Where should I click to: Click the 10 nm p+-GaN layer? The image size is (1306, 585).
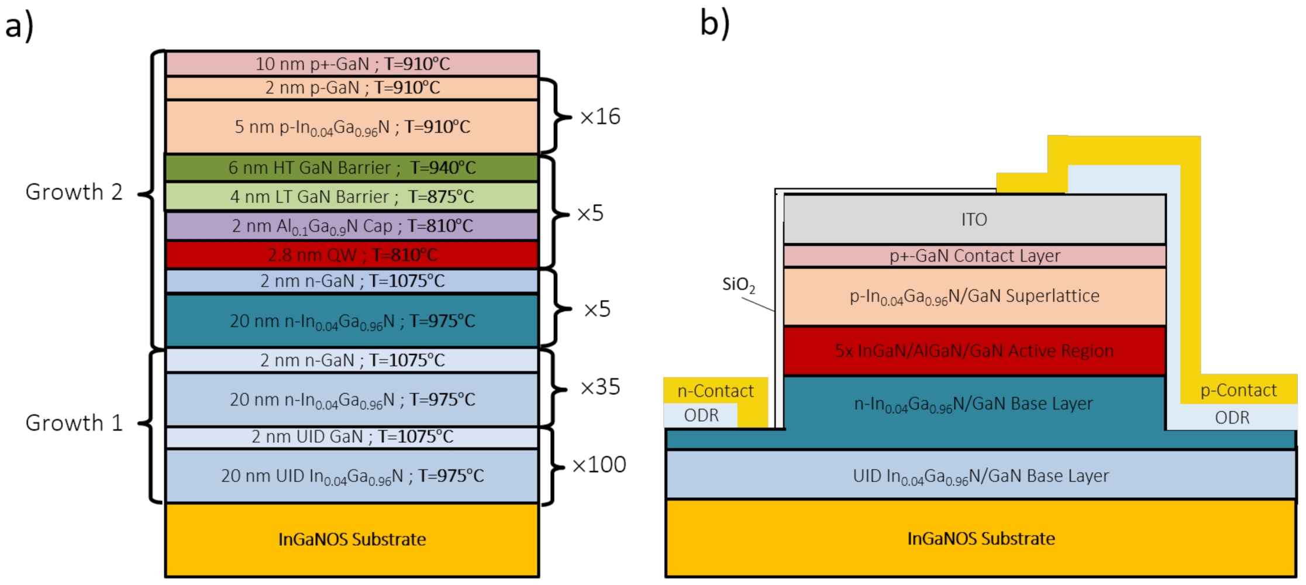click(x=352, y=63)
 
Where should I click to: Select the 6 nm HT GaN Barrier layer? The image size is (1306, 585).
click(x=352, y=168)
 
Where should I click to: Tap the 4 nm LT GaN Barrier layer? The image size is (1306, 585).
click(x=352, y=197)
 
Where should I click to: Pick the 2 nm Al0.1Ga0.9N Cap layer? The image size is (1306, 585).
click(x=352, y=226)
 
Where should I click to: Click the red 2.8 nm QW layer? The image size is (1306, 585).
click(x=352, y=255)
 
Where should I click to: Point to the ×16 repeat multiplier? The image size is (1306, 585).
click(x=600, y=116)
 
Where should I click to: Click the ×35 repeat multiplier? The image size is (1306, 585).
click(x=600, y=387)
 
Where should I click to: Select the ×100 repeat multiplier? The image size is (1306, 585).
click(x=599, y=464)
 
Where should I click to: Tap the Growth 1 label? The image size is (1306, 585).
click(x=74, y=423)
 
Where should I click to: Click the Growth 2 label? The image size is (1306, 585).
click(x=74, y=192)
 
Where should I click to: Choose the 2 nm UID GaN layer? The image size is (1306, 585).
click(x=352, y=437)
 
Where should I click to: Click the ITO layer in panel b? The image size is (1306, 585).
click(x=974, y=219)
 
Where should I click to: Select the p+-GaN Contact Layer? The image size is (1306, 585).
click(x=974, y=256)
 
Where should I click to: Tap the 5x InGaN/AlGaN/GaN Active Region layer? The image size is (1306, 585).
click(x=974, y=350)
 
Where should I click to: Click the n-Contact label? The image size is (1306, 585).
click(x=715, y=391)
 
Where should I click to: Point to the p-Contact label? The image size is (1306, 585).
click(x=1238, y=390)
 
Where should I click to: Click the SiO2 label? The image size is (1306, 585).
click(x=738, y=285)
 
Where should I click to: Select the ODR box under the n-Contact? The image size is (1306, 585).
click(x=701, y=415)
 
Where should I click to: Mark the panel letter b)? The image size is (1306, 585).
click(x=715, y=23)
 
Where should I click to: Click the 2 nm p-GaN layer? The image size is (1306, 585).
click(x=352, y=88)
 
